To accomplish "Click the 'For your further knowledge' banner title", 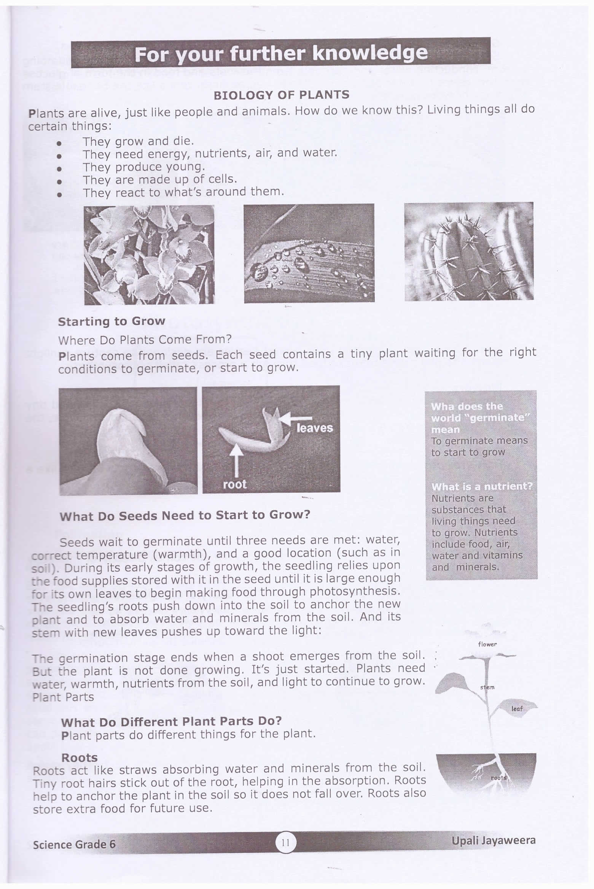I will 281,53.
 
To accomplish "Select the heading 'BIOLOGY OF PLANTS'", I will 281,95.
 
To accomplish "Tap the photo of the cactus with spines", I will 468,251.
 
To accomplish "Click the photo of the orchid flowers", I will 149,255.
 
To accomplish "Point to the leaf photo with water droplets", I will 309,253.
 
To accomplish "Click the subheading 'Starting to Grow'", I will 111,321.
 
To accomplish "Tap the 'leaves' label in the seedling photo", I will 314,428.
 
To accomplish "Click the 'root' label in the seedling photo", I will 234,484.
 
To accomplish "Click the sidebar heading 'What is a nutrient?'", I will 482,487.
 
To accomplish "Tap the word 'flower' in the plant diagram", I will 487,644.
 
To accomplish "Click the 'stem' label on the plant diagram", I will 487,687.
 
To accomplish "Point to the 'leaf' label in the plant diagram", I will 517,709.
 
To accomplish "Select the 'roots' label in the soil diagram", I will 498,778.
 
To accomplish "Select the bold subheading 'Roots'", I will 80,757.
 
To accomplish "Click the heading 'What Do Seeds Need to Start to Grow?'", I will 185,515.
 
